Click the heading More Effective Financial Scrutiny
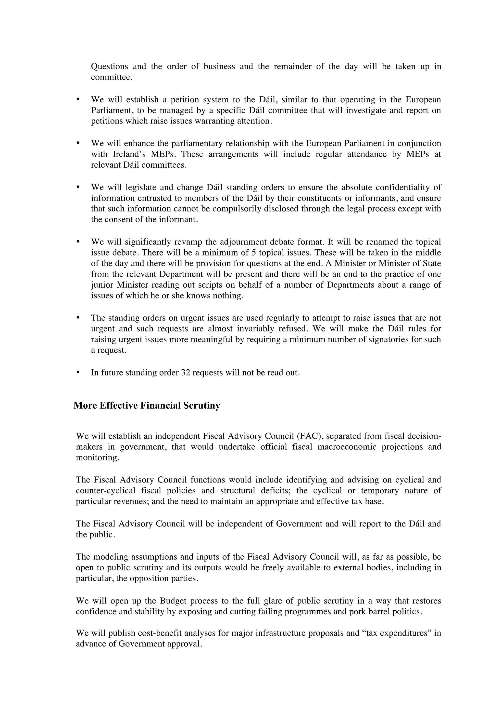(x=147, y=406)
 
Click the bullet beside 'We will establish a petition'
(x=78, y=99)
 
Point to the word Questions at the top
(x=110, y=67)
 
